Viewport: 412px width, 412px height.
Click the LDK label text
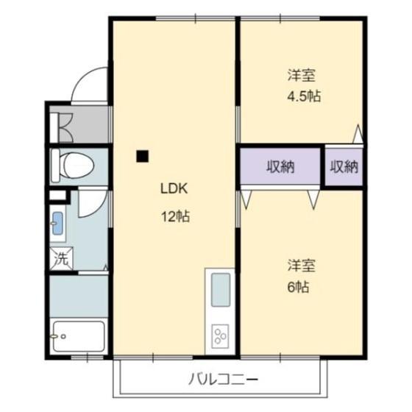(175, 188)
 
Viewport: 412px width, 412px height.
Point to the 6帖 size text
(298, 287)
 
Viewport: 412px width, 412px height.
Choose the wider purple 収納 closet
(280, 167)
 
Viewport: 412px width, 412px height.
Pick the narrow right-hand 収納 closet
(344, 167)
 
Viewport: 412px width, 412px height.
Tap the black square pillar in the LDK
(142, 155)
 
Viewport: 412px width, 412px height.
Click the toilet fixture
(74, 165)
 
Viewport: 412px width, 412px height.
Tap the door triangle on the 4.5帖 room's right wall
(358, 134)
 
